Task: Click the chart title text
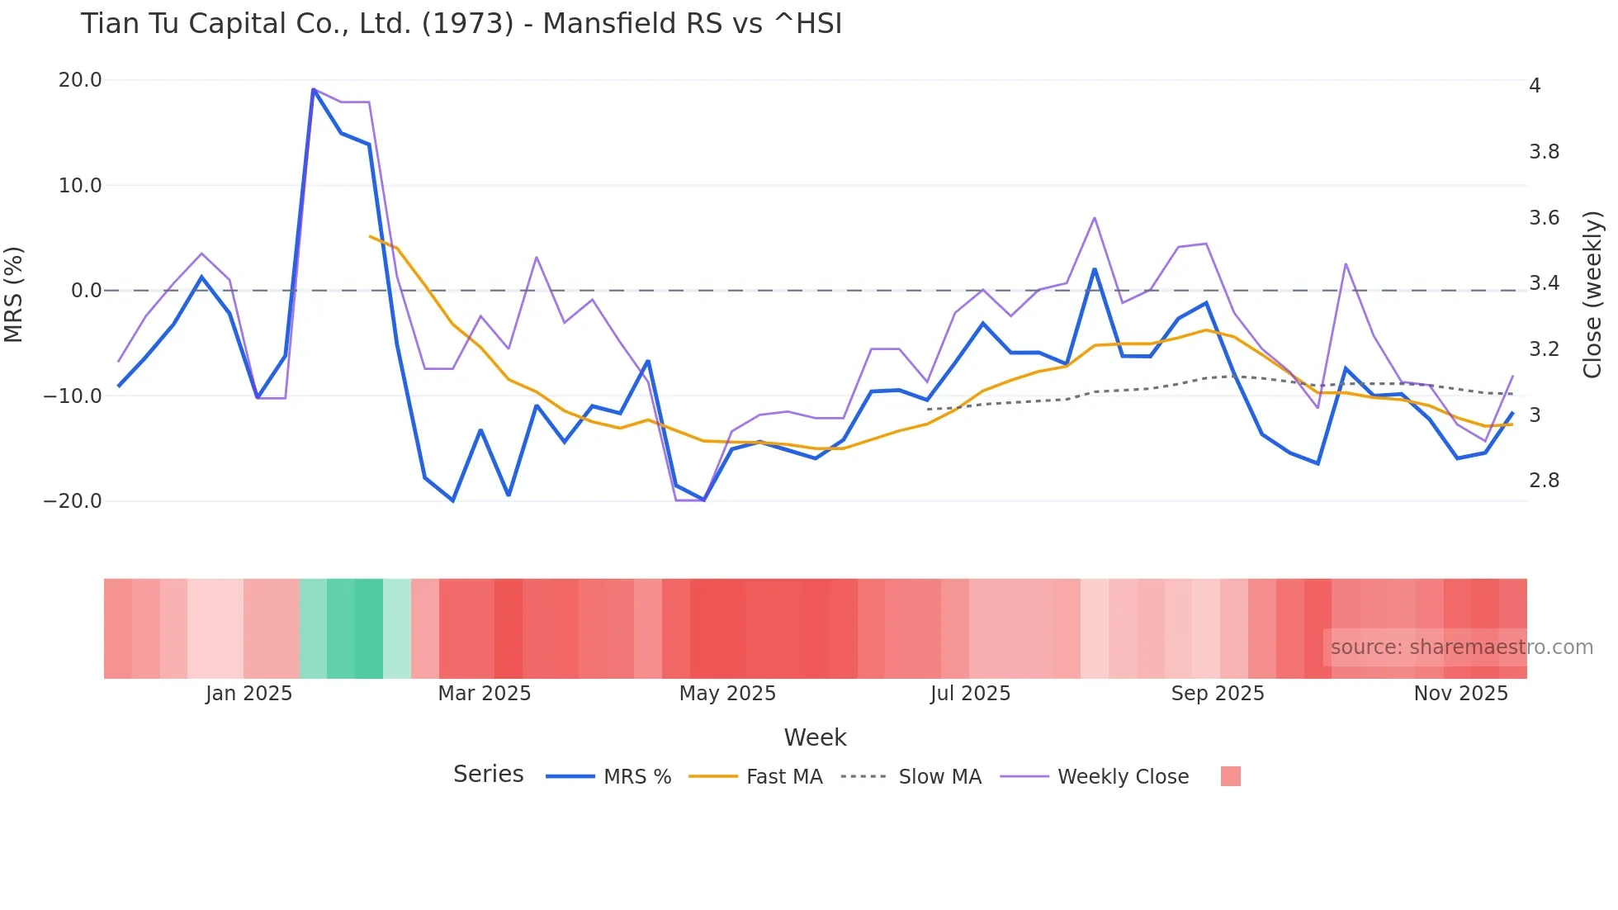[x=461, y=23]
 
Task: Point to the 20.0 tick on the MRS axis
[x=80, y=80]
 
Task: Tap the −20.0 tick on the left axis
[x=73, y=501]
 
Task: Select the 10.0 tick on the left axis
[x=80, y=185]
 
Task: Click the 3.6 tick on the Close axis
[x=1544, y=217]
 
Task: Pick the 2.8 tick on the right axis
[x=1544, y=480]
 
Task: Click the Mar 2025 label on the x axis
[x=484, y=693]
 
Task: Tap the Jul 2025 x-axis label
[x=970, y=693]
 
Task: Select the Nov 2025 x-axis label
[x=1460, y=693]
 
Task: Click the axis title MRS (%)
[x=14, y=294]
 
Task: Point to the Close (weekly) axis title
[x=1592, y=294]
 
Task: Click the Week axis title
[x=815, y=737]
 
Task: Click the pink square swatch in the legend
[x=1230, y=776]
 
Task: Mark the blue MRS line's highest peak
[x=314, y=89]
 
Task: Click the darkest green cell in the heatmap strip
[x=369, y=628]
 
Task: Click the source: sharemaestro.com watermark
[x=1461, y=647]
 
